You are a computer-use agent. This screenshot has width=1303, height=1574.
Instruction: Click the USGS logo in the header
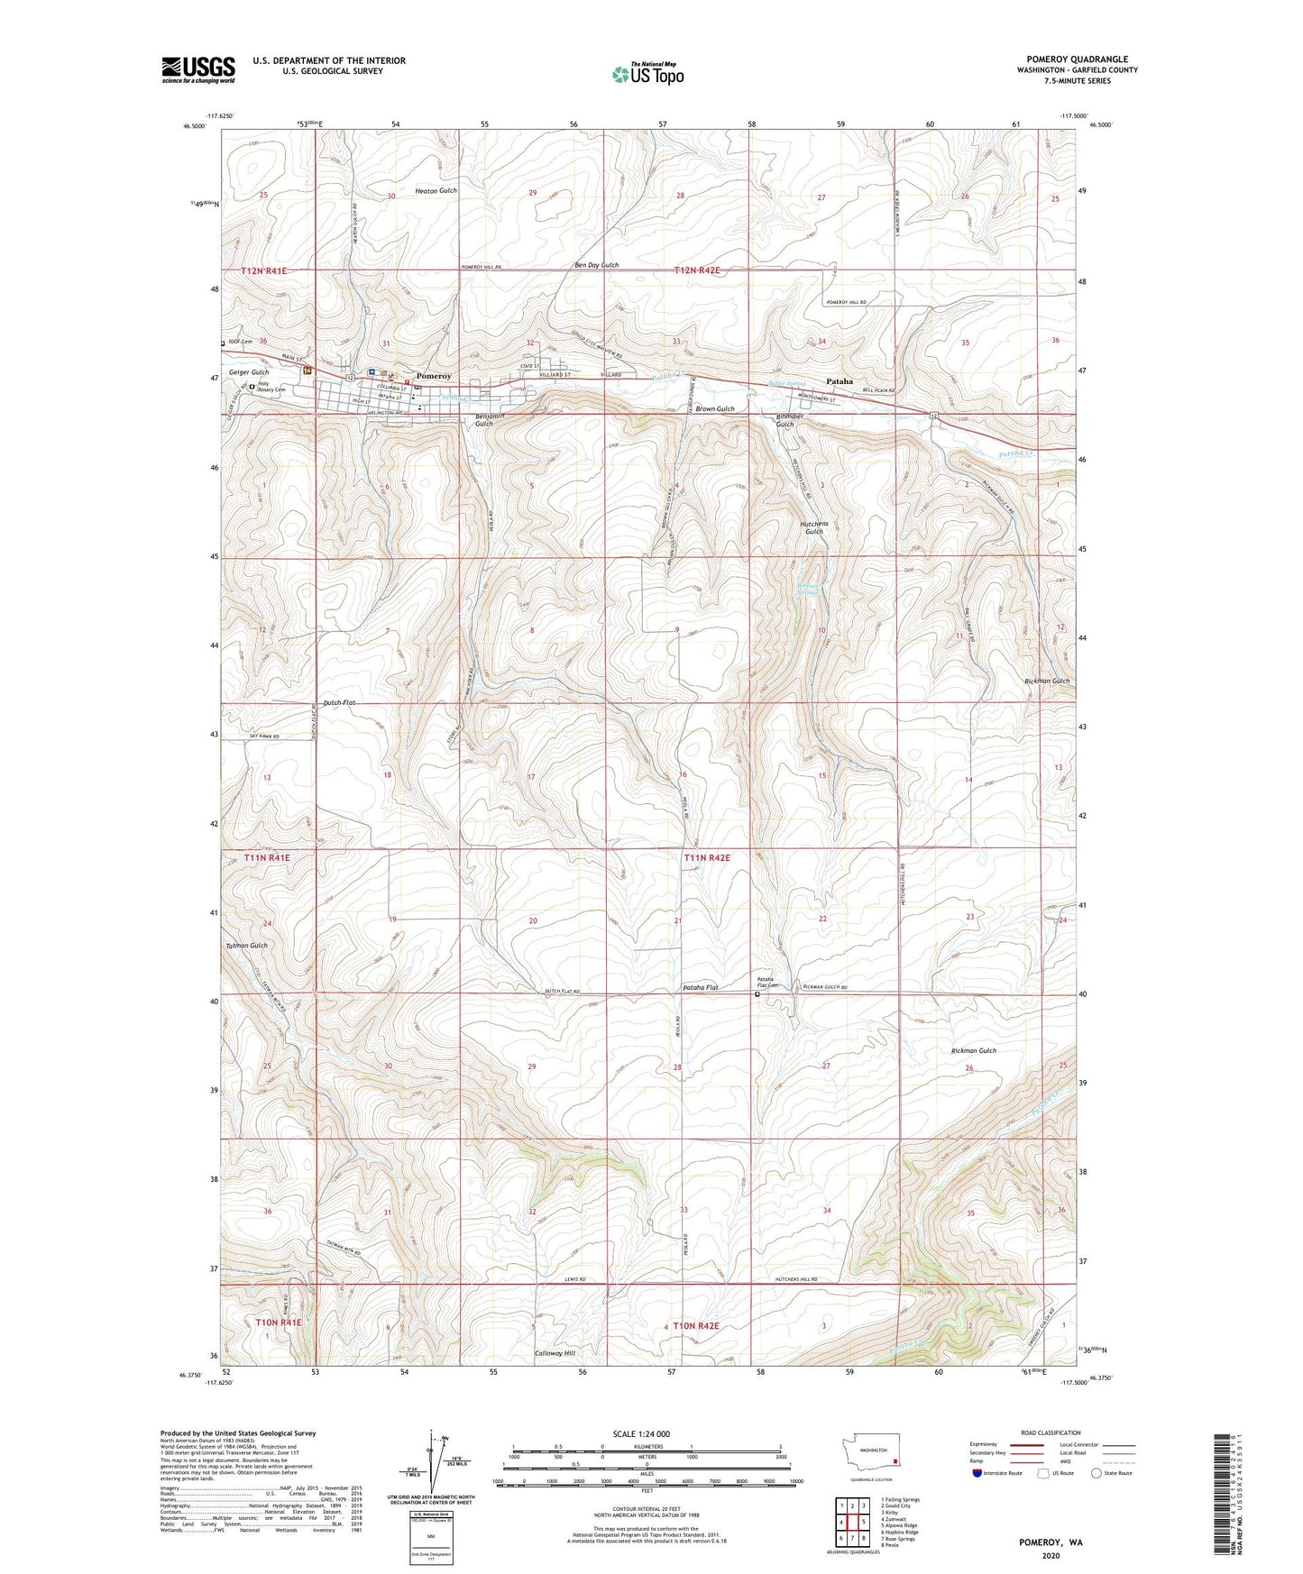tap(198, 69)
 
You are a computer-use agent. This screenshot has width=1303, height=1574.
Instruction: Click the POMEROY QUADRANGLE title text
tap(1077, 59)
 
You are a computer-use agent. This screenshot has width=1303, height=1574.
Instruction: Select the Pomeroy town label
tap(433, 376)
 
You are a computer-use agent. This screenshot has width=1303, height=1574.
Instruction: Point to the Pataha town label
tap(839, 381)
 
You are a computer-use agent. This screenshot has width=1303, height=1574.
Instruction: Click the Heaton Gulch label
tap(436, 191)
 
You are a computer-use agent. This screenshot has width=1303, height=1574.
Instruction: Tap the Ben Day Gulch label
tap(597, 265)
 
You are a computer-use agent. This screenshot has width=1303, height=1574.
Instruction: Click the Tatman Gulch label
tap(246, 945)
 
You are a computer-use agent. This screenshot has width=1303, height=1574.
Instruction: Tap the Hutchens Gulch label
tap(812, 527)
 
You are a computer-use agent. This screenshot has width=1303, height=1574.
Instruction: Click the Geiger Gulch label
tap(249, 372)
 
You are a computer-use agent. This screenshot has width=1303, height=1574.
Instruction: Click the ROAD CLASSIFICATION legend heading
tap(1051, 1432)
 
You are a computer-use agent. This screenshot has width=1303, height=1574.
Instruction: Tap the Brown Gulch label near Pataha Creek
tap(714, 408)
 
